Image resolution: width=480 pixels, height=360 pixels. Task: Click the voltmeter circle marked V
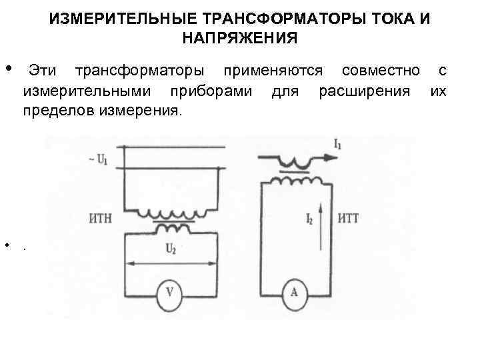(x=171, y=291)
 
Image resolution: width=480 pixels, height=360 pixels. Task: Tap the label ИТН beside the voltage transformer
(x=99, y=218)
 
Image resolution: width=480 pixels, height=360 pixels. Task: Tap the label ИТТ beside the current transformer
(x=349, y=218)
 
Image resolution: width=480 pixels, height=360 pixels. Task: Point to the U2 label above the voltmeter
(x=170, y=249)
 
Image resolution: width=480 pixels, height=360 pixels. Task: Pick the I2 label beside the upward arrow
(x=309, y=218)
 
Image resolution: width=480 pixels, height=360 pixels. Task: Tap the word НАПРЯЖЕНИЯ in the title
(x=239, y=38)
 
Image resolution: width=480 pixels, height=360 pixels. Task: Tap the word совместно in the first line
(x=380, y=71)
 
